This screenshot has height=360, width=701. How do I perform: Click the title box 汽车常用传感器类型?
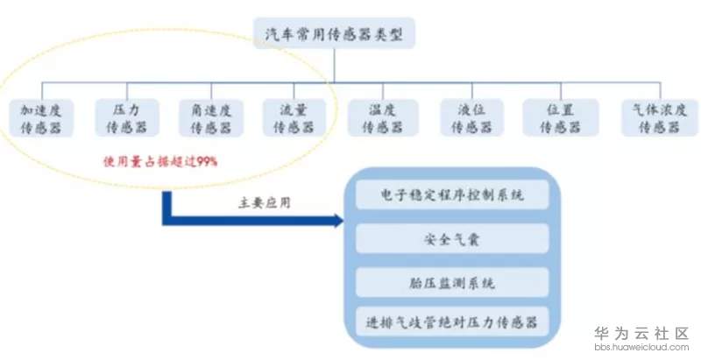click(x=334, y=33)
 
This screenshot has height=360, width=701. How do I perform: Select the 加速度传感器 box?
click(x=41, y=118)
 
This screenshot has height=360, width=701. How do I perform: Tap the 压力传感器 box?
click(x=127, y=118)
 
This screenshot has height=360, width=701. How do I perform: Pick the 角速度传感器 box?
click(x=211, y=118)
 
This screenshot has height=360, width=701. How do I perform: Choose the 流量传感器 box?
click(x=294, y=118)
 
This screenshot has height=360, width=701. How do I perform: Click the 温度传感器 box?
click(x=383, y=118)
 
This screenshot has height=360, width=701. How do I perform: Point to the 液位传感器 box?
click(x=471, y=118)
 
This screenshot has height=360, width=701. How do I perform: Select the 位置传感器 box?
click(x=561, y=118)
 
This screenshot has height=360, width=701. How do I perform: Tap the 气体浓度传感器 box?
click(x=660, y=118)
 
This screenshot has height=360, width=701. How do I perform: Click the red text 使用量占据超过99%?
click(x=160, y=161)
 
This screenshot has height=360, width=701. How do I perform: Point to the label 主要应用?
click(x=265, y=203)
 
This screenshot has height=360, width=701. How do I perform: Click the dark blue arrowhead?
click(x=338, y=220)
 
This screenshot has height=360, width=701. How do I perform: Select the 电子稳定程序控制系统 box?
click(x=452, y=194)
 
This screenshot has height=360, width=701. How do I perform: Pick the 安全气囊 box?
click(x=452, y=238)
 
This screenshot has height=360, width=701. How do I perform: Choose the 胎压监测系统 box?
click(x=452, y=282)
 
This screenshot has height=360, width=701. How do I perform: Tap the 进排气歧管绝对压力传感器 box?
click(x=452, y=321)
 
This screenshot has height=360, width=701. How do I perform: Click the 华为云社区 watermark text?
click(x=641, y=333)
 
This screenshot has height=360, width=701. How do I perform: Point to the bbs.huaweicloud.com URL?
click(x=641, y=347)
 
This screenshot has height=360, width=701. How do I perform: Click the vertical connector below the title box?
click(x=334, y=65)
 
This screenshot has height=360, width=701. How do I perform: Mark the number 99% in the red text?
click(x=207, y=161)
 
